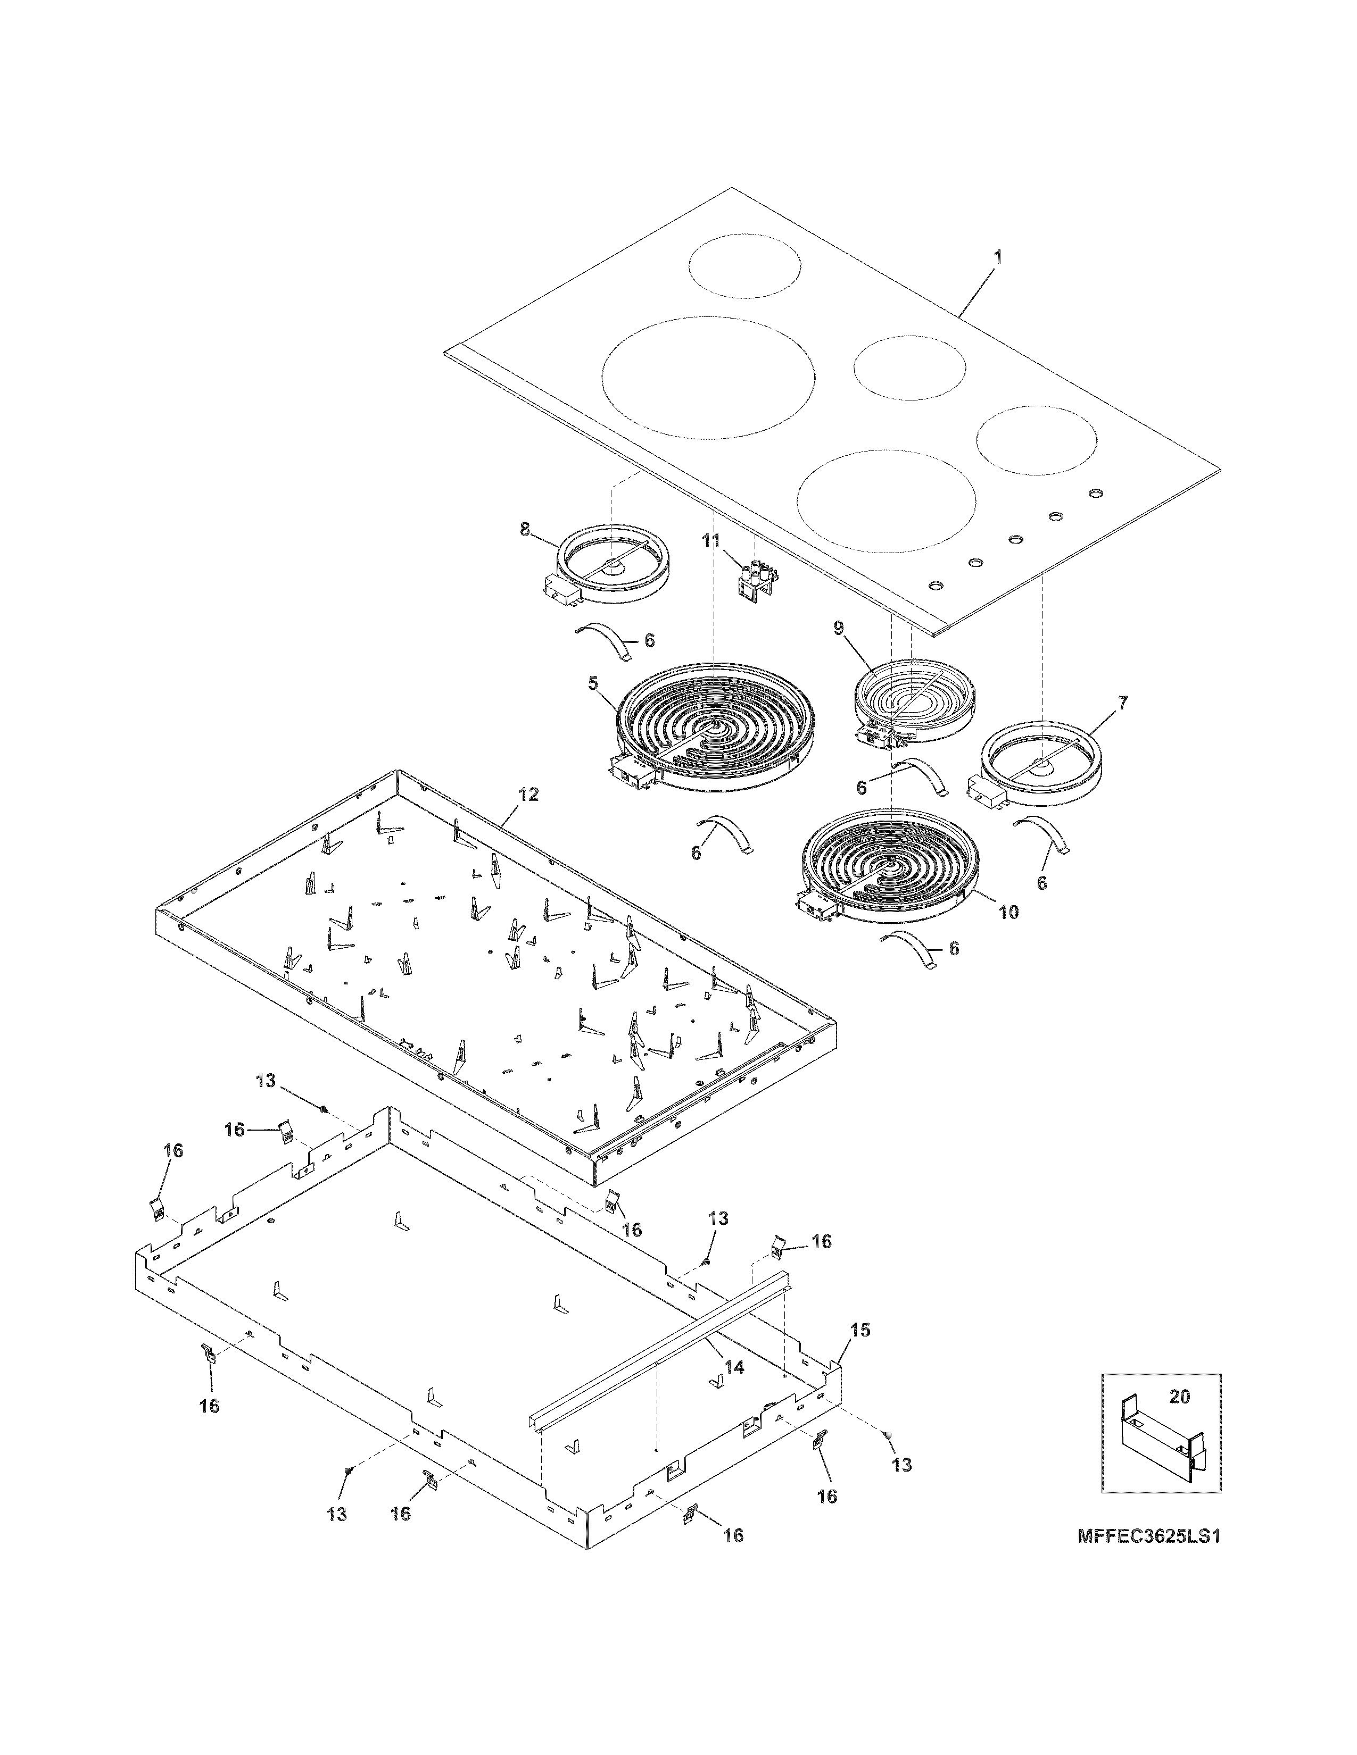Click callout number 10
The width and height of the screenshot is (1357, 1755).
click(1008, 912)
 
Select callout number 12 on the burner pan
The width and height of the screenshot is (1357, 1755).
click(528, 795)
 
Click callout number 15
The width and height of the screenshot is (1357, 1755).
click(860, 1330)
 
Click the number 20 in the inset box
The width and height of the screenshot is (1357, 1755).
click(1179, 1397)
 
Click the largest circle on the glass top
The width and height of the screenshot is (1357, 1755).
click(707, 377)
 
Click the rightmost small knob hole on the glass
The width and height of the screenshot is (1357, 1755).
click(1095, 492)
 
